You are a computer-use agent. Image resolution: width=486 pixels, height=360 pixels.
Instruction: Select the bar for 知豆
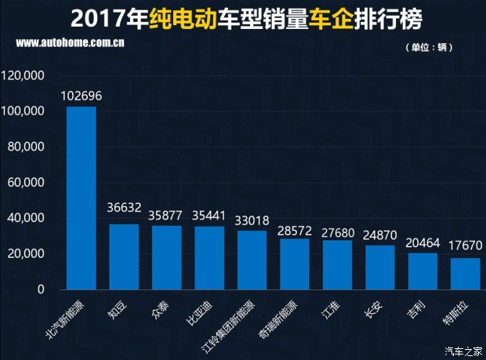pos(124,256)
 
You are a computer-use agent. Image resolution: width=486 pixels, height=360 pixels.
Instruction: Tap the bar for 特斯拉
pos(465,273)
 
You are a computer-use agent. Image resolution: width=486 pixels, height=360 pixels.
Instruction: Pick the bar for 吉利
pos(423,271)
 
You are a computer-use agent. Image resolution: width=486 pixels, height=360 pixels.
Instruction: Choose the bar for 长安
pos(380,267)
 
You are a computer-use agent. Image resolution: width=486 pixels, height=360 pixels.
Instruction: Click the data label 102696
pos(81,96)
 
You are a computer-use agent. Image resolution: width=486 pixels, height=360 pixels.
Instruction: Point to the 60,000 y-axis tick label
pos(25,183)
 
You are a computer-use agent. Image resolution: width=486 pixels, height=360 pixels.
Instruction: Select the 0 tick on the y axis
pos(41,289)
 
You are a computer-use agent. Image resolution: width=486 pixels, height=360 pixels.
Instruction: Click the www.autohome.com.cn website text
pos(71,43)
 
